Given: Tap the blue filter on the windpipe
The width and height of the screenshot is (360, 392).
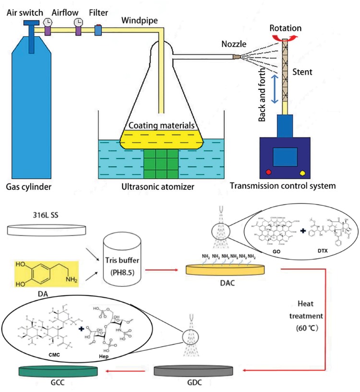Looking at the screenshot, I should click(x=98, y=30).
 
